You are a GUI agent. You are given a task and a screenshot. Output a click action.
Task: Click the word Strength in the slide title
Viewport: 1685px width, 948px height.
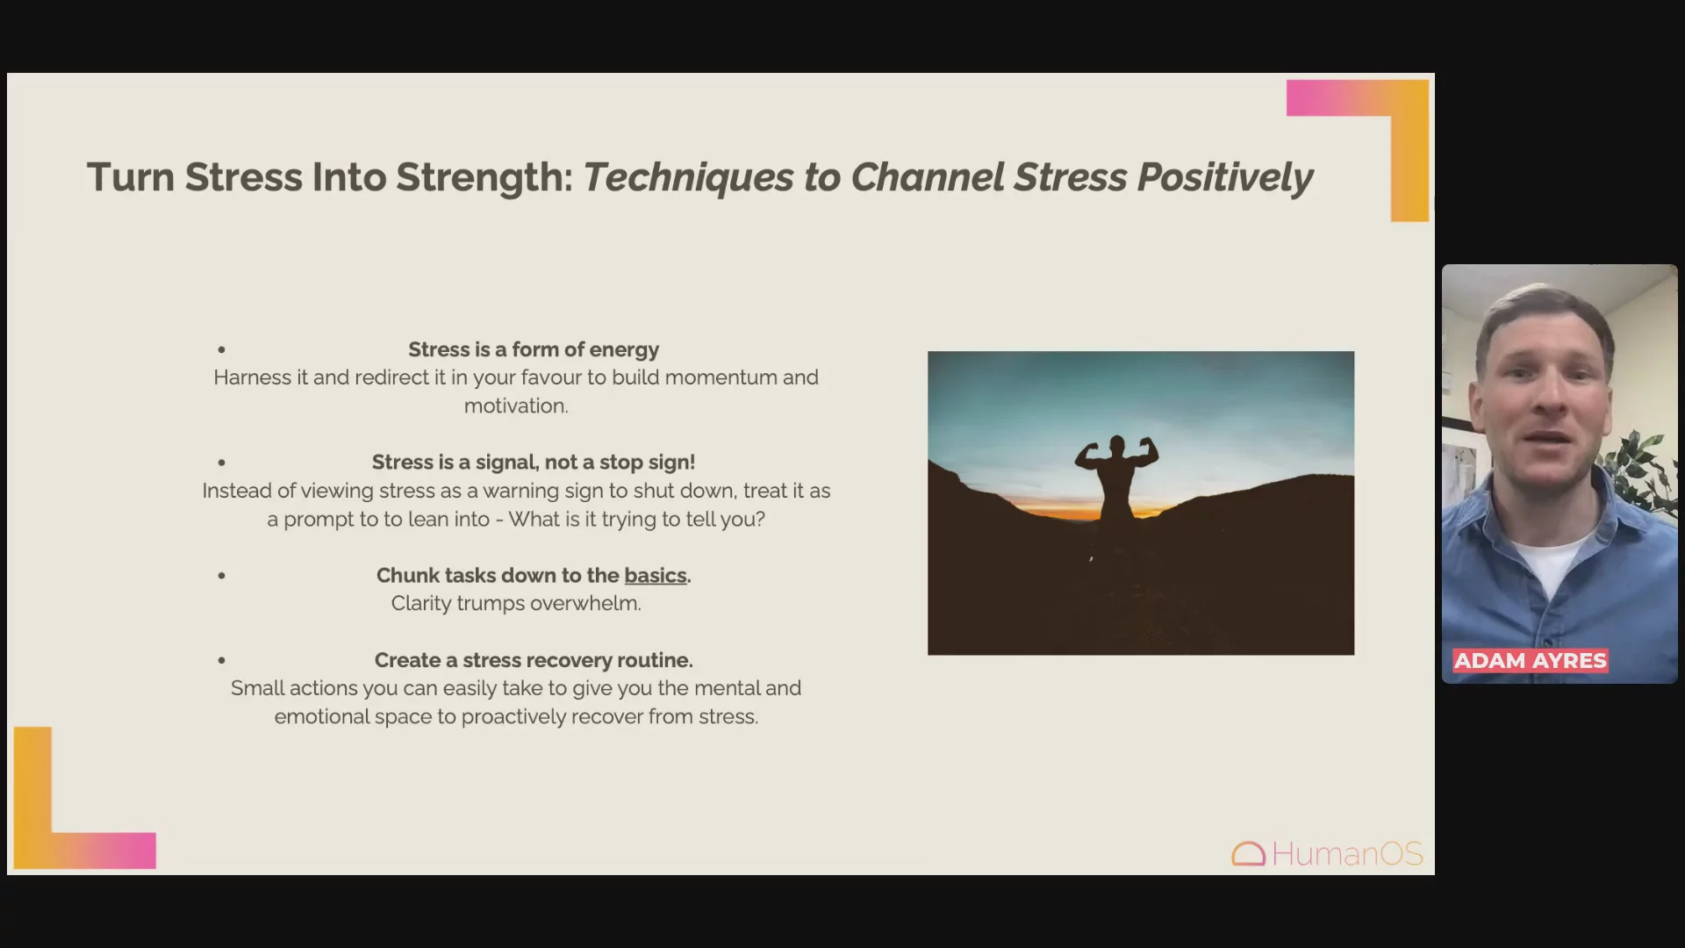point(484,178)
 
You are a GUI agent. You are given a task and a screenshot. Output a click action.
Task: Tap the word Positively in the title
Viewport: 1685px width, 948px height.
point(1225,178)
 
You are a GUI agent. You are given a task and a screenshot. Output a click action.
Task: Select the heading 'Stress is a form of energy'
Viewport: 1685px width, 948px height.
point(534,349)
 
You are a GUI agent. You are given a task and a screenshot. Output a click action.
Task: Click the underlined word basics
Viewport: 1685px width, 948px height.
point(656,576)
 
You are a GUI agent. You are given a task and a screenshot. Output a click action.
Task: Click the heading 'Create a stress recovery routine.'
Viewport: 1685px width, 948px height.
point(534,660)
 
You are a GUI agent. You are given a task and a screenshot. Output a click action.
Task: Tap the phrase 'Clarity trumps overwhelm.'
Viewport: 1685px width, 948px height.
point(516,604)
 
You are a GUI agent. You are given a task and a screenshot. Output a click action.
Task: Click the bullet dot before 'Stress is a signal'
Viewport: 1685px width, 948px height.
point(222,463)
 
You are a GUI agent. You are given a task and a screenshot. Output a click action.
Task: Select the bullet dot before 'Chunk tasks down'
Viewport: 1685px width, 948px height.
point(222,576)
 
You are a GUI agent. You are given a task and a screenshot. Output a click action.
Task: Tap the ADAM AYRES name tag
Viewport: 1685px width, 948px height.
point(1531,661)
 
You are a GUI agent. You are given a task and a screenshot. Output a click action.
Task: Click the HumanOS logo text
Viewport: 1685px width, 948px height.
point(1347,853)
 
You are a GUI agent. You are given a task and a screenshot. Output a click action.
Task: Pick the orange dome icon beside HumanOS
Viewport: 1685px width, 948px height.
point(1248,854)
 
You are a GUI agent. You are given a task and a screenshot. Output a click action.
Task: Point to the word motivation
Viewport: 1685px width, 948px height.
point(514,406)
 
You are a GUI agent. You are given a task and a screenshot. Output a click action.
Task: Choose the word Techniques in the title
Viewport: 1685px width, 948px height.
point(688,178)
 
